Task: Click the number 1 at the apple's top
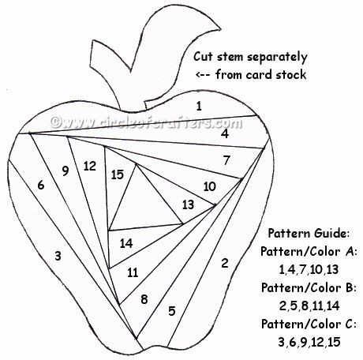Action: coord(199,106)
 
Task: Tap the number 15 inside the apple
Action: coord(118,174)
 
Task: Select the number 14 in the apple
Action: coord(126,243)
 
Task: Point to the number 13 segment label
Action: coord(188,204)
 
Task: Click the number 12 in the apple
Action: coord(90,166)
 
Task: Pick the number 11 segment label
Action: coord(133,272)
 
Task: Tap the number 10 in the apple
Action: coord(210,186)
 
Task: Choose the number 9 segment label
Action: coord(65,171)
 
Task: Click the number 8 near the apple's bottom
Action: coord(144,299)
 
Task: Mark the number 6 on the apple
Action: coord(41,185)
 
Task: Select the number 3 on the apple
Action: coord(58,256)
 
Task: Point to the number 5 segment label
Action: coord(172,311)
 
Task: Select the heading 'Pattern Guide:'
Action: coord(309,233)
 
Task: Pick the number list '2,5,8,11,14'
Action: coord(309,306)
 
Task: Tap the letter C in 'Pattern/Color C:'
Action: coord(349,324)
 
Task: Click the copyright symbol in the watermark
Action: coord(56,122)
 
